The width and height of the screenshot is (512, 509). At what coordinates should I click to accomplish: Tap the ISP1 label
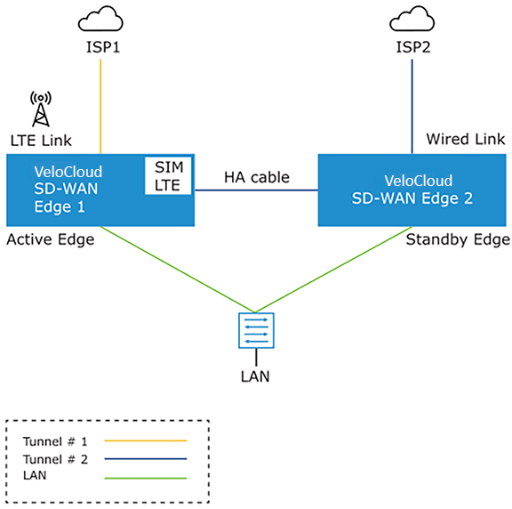point(103,47)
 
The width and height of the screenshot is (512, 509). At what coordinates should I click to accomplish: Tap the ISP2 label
point(413,47)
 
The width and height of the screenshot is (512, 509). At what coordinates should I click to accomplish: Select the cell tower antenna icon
point(41,109)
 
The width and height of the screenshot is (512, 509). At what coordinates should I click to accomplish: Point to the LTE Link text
point(41,141)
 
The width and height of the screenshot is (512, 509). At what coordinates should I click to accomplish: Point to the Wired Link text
point(465,139)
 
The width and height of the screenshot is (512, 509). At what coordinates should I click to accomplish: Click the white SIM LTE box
point(168,176)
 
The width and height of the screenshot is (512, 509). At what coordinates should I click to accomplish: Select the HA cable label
point(257,177)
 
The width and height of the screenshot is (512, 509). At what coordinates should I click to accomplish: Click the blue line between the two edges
point(256,190)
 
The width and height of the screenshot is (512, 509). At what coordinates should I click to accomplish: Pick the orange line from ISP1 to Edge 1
point(100,106)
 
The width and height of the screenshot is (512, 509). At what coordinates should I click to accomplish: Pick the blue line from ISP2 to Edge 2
point(412,106)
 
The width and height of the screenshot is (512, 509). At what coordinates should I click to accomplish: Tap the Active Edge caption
point(51,239)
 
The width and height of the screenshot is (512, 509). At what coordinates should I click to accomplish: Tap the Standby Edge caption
point(458,239)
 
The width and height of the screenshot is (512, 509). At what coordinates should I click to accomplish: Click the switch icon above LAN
point(256,330)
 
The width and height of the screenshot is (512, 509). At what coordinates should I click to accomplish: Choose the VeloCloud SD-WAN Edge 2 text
point(412,190)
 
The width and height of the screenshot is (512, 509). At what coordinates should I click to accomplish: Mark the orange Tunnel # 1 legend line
point(146,440)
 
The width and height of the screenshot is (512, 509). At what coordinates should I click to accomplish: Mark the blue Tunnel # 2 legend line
point(146,458)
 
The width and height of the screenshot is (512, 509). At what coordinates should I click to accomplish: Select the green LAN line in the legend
point(146,478)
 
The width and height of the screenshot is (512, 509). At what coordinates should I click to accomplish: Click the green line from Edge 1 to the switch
point(178,270)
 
